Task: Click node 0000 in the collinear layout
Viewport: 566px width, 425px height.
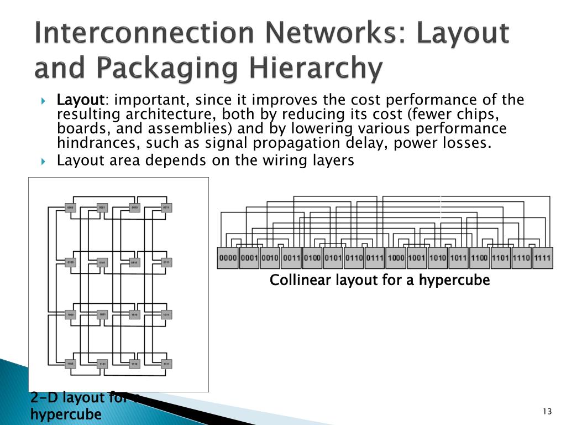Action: pos(228,258)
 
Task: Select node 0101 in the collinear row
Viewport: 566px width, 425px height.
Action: pos(333,258)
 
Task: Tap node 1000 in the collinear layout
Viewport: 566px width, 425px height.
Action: pos(396,258)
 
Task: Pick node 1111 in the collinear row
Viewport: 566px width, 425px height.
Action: pos(543,258)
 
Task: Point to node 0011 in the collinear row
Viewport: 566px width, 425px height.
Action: pos(291,258)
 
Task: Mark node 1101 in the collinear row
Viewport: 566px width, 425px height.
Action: pos(501,258)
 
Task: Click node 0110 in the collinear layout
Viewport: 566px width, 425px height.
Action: pos(354,258)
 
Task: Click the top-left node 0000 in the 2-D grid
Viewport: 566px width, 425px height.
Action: pos(70,208)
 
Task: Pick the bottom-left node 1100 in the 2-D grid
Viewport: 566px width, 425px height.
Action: pos(70,364)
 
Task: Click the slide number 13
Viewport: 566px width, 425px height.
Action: pos(547,411)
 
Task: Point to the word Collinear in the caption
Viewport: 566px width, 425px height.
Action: pos(296,281)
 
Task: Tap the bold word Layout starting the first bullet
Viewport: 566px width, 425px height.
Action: pos(81,100)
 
